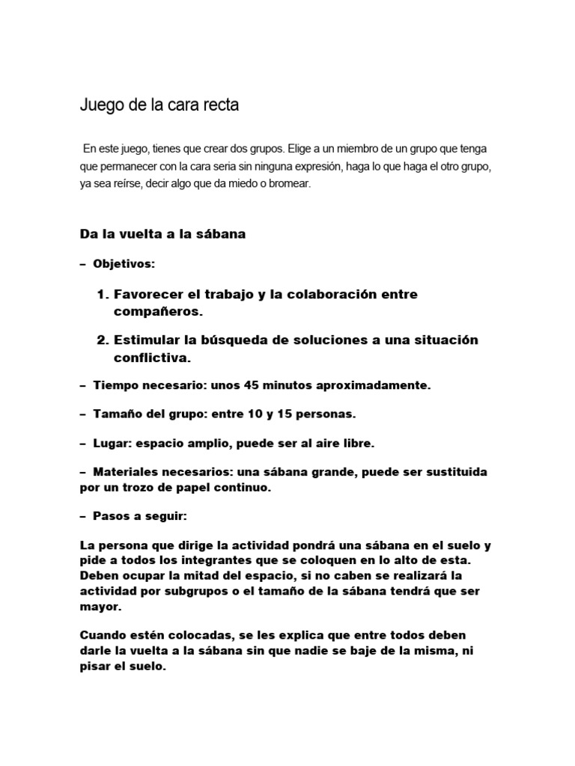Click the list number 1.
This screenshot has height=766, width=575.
[103, 295]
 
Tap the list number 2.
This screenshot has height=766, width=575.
[103, 340]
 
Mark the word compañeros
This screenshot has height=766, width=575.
[159, 310]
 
